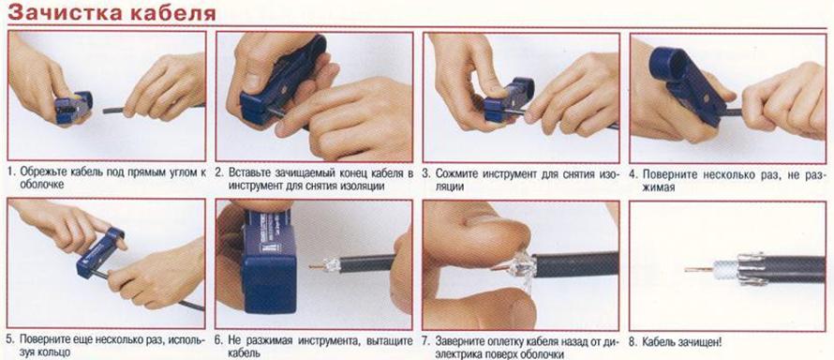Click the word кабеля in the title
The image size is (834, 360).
click(172, 13)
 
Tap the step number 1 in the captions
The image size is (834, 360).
click(10, 172)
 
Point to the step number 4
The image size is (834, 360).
click(633, 173)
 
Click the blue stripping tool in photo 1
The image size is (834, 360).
click(73, 107)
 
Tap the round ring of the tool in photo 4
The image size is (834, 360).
click(666, 63)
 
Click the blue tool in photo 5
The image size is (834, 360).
click(99, 252)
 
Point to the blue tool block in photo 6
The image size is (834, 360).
click(268, 260)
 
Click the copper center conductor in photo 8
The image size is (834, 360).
click(698, 270)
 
